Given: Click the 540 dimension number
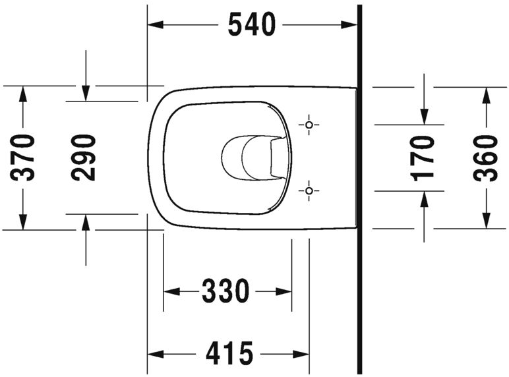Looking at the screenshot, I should [251, 25].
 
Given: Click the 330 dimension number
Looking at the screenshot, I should [226, 291].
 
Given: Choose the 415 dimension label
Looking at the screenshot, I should [229, 354].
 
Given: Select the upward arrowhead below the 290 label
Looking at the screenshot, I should [85, 221].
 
